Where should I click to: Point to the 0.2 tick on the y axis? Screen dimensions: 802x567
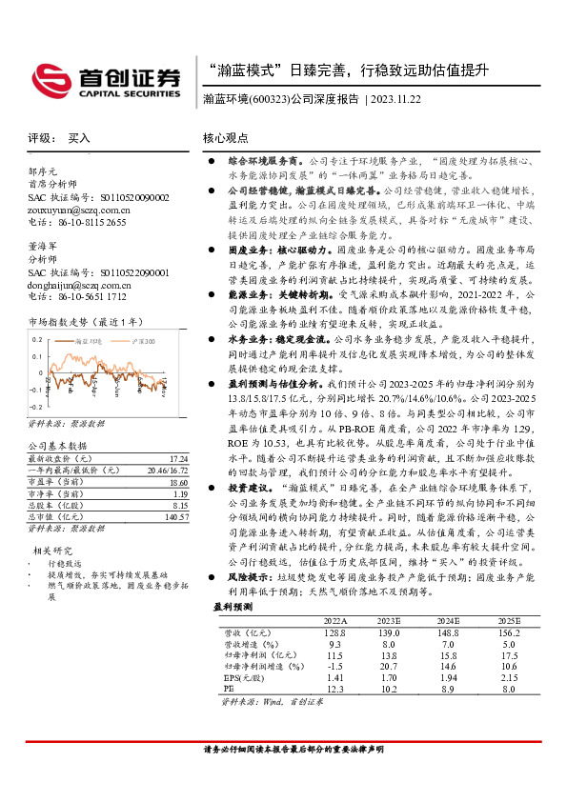[37, 339]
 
